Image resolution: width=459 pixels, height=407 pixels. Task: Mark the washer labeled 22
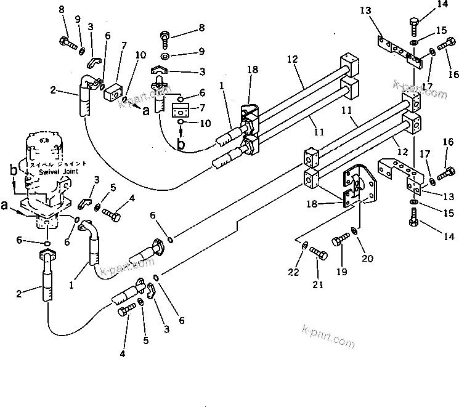[305, 246]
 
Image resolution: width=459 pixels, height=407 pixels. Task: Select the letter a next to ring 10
[145, 111]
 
